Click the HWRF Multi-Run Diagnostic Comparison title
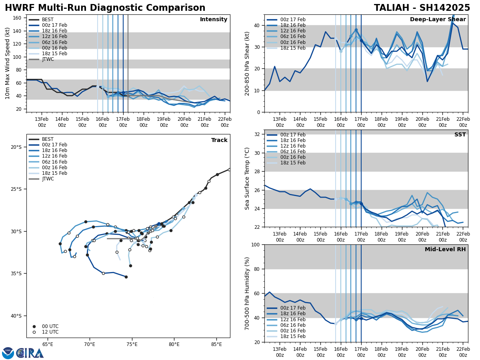coord(105,8)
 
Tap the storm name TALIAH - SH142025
coord(422,8)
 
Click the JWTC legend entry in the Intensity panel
coord(48,60)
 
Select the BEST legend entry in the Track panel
coord(48,140)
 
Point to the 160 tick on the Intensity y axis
coord(18,18)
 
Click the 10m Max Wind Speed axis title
coord(8,63)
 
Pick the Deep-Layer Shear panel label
coord(438,20)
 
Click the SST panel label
coord(460,135)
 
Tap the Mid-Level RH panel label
coord(445,250)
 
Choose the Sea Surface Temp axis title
coord(247,178)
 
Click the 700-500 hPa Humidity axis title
coord(247,293)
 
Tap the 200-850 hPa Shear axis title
coord(247,63)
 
